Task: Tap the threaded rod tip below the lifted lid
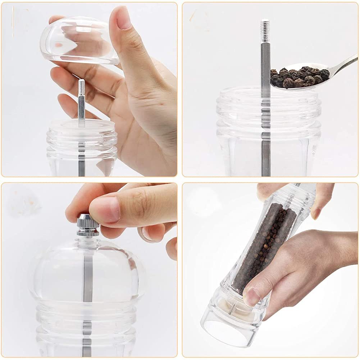point(82,86)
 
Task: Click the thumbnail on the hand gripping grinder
point(252,297)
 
